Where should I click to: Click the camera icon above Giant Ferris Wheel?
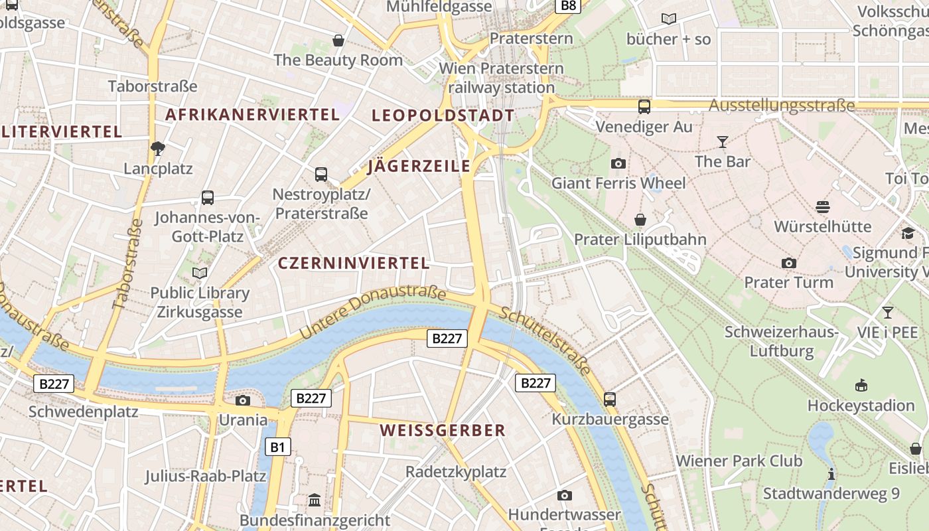pos(618,163)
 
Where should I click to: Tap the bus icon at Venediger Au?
pos(644,106)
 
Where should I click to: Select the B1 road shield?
pos(277,447)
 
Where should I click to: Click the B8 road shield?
pos(569,6)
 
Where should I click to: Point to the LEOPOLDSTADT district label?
pos(443,115)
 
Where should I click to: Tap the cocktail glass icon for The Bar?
pos(722,142)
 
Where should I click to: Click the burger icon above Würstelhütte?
pos(823,207)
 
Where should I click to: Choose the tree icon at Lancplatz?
pos(158,149)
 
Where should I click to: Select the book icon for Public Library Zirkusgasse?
pos(200,273)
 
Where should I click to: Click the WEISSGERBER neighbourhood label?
pos(443,431)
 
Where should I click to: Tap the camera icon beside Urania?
pos(243,400)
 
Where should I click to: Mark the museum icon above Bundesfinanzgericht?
pos(315,500)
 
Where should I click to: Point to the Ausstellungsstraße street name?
pos(782,106)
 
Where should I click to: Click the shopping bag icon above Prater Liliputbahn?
pos(640,220)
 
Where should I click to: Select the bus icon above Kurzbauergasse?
pos(610,400)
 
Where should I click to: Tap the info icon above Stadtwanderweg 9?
pos(831,474)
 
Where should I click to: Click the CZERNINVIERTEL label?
pos(354,264)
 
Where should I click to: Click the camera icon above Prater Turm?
pos(788,263)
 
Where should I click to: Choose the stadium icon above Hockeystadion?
pos(861,386)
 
